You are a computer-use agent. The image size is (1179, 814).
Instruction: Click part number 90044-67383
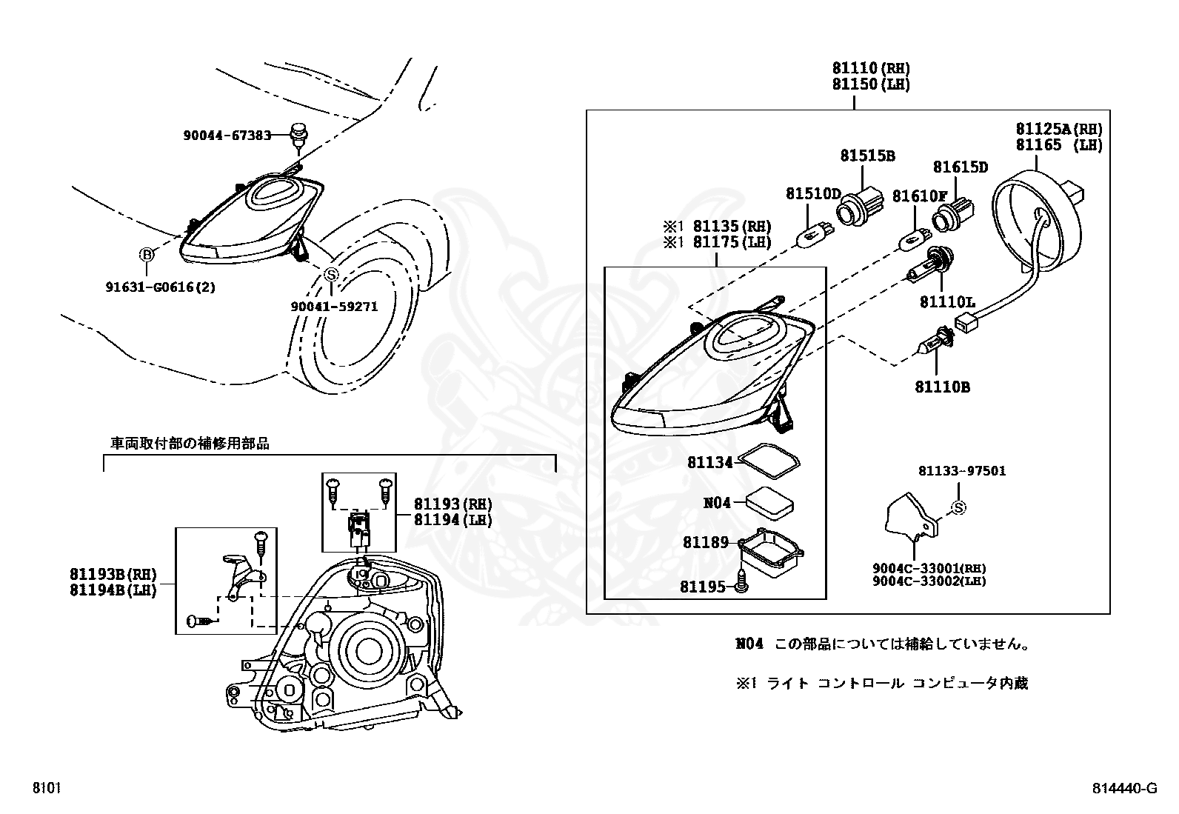click(x=227, y=135)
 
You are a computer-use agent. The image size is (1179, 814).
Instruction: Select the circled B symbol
click(x=147, y=256)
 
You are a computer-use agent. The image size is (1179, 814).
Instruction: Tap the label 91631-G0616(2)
click(x=160, y=287)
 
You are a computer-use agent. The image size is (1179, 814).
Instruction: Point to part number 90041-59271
click(x=334, y=306)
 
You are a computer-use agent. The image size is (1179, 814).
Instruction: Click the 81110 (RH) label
click(x=870, y=69)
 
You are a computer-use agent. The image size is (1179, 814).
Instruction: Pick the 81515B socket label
click(x=867, y=156)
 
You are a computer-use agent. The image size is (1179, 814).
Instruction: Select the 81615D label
click(x=960, y=167)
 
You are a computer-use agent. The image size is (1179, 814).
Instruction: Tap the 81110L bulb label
click(x=947, y=301)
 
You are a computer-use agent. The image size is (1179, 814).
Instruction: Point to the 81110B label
click(x=942, y=387)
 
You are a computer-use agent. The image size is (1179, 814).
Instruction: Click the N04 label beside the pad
click(x=717, y=503)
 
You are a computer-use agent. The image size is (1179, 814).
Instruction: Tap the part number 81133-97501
click(x=962, y=471)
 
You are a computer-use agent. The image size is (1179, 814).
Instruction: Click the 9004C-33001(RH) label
click(x=929, y=568)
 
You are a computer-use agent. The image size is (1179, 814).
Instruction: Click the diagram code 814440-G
click(x=1123, y=789)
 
